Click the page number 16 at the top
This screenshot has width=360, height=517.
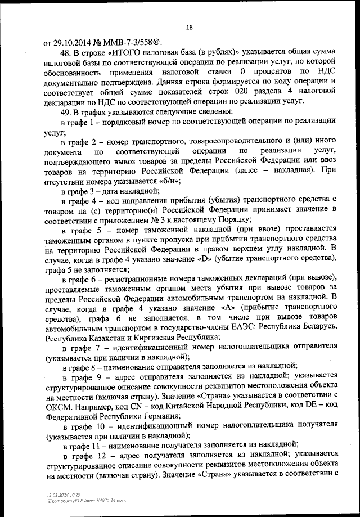[189, 27]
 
